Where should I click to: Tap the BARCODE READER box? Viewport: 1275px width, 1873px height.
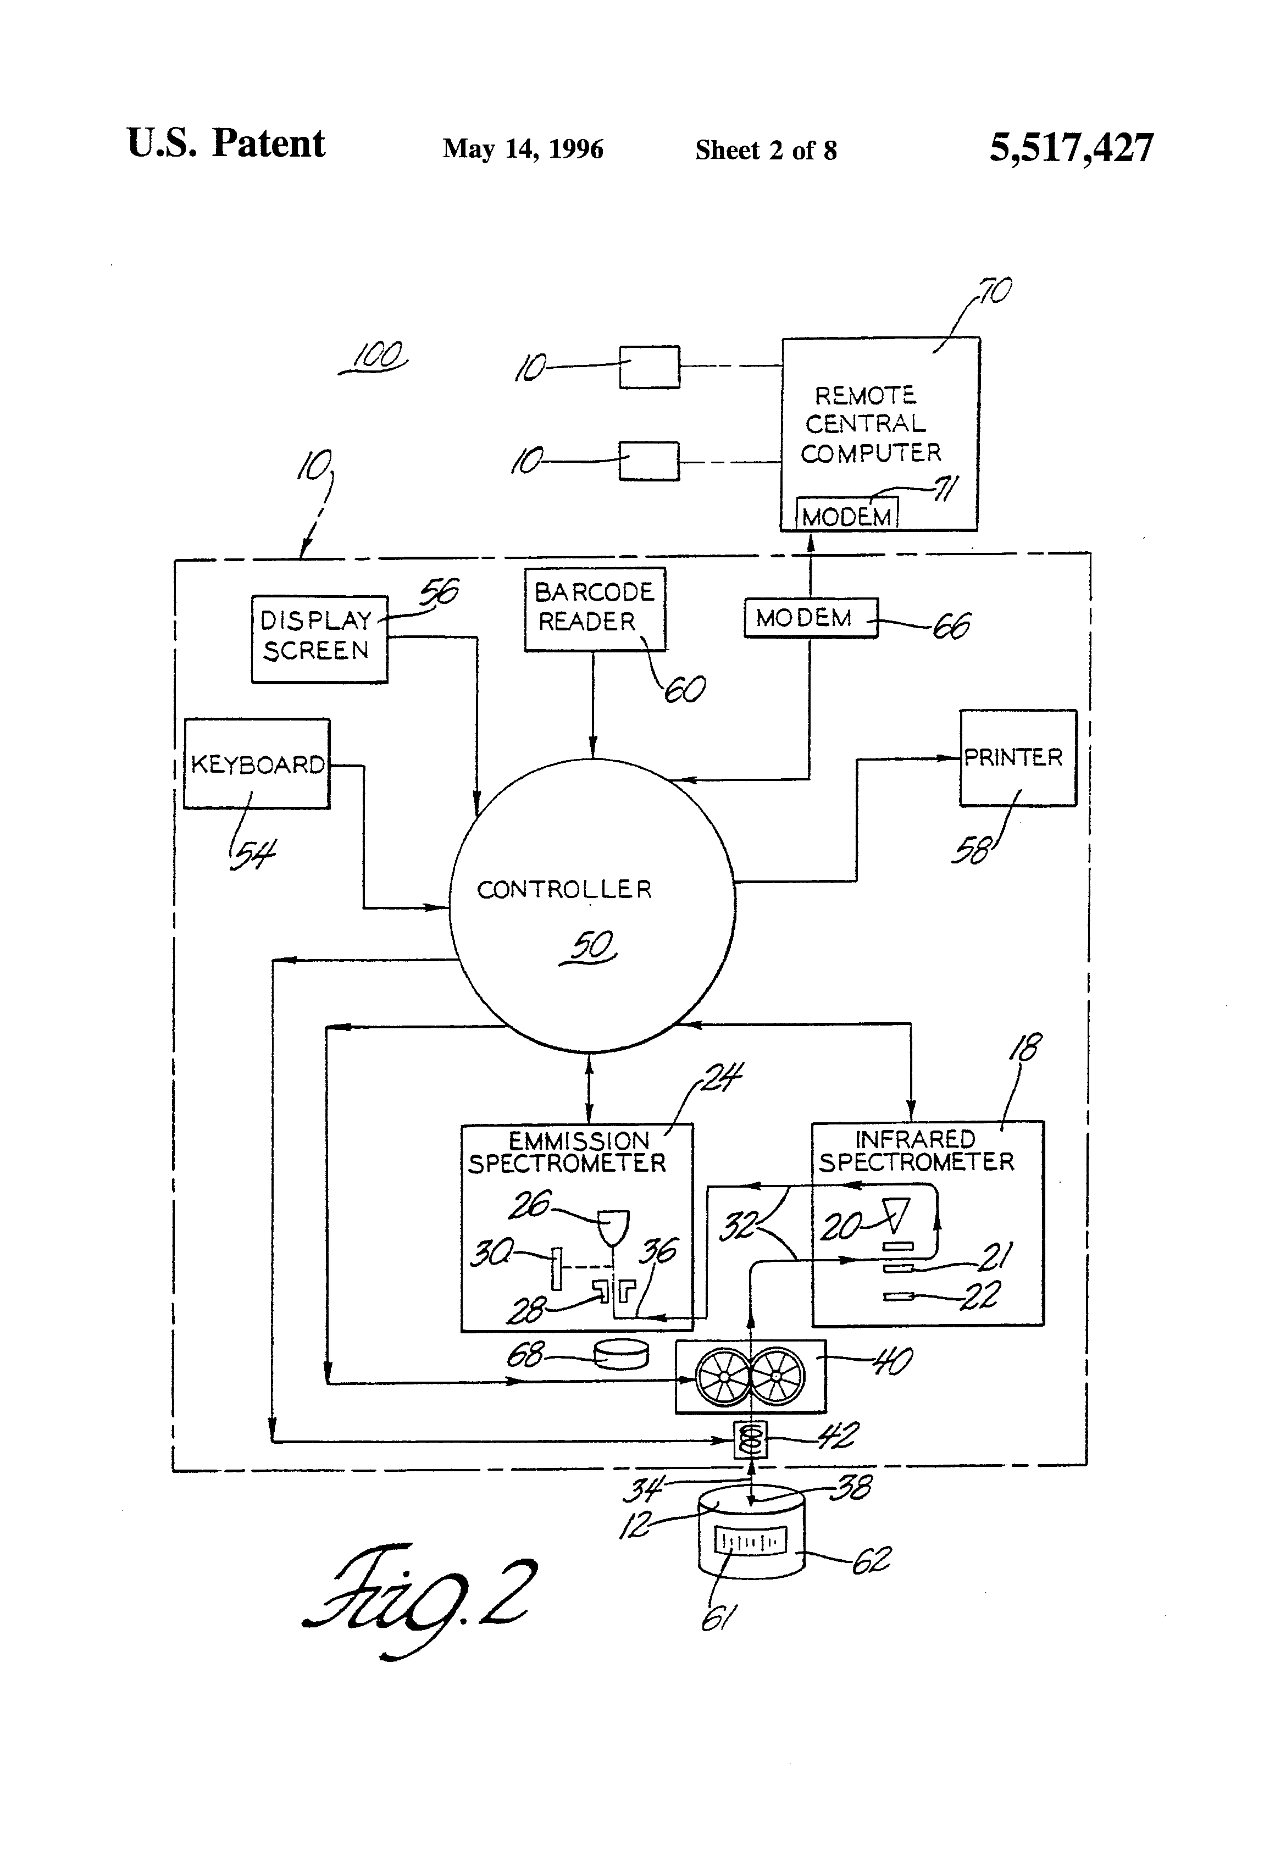coord(595,608)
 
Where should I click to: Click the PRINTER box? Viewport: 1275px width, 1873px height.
coord(1017,757)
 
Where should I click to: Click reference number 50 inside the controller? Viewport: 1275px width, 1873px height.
coord(591,945)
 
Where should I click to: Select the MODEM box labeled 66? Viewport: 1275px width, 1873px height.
coord(809,618)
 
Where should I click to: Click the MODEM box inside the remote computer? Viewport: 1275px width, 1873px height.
coord(846,515)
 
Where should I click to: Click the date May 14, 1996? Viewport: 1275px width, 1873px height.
coord(522,149)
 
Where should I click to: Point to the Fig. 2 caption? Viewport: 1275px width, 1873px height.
coord(419,1596)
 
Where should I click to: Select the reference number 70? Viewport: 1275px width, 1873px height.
coord(996,290)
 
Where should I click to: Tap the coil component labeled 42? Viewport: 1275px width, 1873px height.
coord(750,1439)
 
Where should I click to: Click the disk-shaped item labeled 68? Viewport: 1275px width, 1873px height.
coord(620,1354)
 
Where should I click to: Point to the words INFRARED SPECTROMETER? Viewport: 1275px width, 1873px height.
coord(916,1150)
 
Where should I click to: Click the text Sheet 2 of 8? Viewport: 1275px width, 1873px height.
coord(766,150)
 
